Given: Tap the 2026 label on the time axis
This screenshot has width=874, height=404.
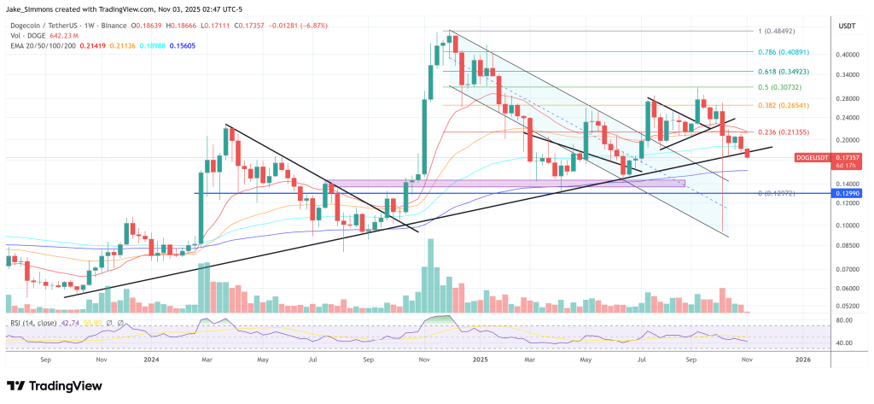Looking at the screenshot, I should pos(802,360).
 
